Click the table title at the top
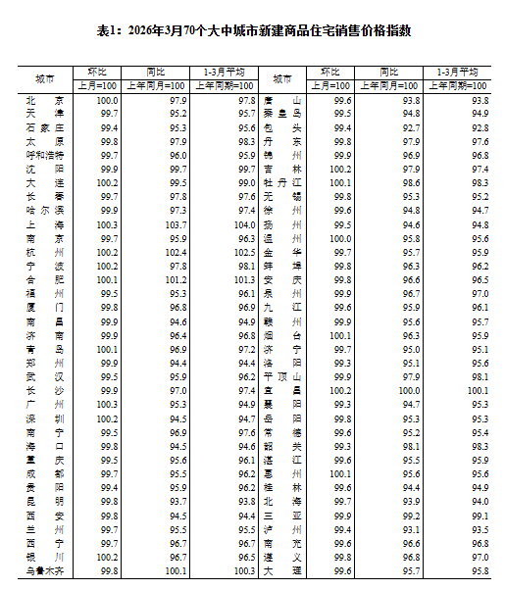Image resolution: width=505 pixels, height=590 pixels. pyautogui.click(x=253, y=31)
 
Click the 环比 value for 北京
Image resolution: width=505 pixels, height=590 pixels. pyautogui.click(x=107, y=101)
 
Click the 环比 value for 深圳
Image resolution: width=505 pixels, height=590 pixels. pyautogui.click(x=107, y=418)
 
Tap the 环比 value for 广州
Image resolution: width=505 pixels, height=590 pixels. pyautogui.click(x=107, y=404)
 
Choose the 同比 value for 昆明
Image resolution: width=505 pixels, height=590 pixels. pyautogui.click(x=175, y=501)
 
